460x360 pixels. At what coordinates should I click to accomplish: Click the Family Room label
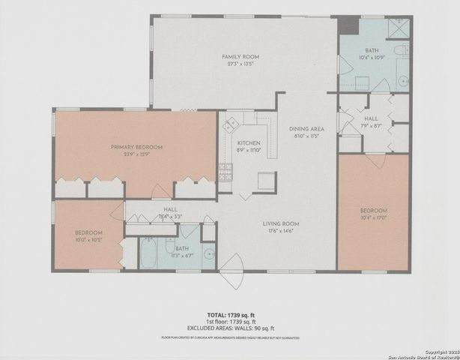click(240, 57)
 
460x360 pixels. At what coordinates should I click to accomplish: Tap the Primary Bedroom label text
click(137, 147)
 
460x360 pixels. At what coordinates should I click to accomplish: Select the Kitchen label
click(248, 142)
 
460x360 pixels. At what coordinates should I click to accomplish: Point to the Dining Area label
click(306, 128)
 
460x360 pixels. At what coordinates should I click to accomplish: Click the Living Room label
click(281, 224)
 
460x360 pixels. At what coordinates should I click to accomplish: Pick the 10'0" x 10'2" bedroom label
click(88, 233)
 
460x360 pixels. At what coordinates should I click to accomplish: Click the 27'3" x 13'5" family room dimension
click(240, 64)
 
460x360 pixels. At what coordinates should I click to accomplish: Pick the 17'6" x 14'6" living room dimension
click(281, 231)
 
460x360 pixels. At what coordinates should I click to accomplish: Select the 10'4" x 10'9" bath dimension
click(372, 57)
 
